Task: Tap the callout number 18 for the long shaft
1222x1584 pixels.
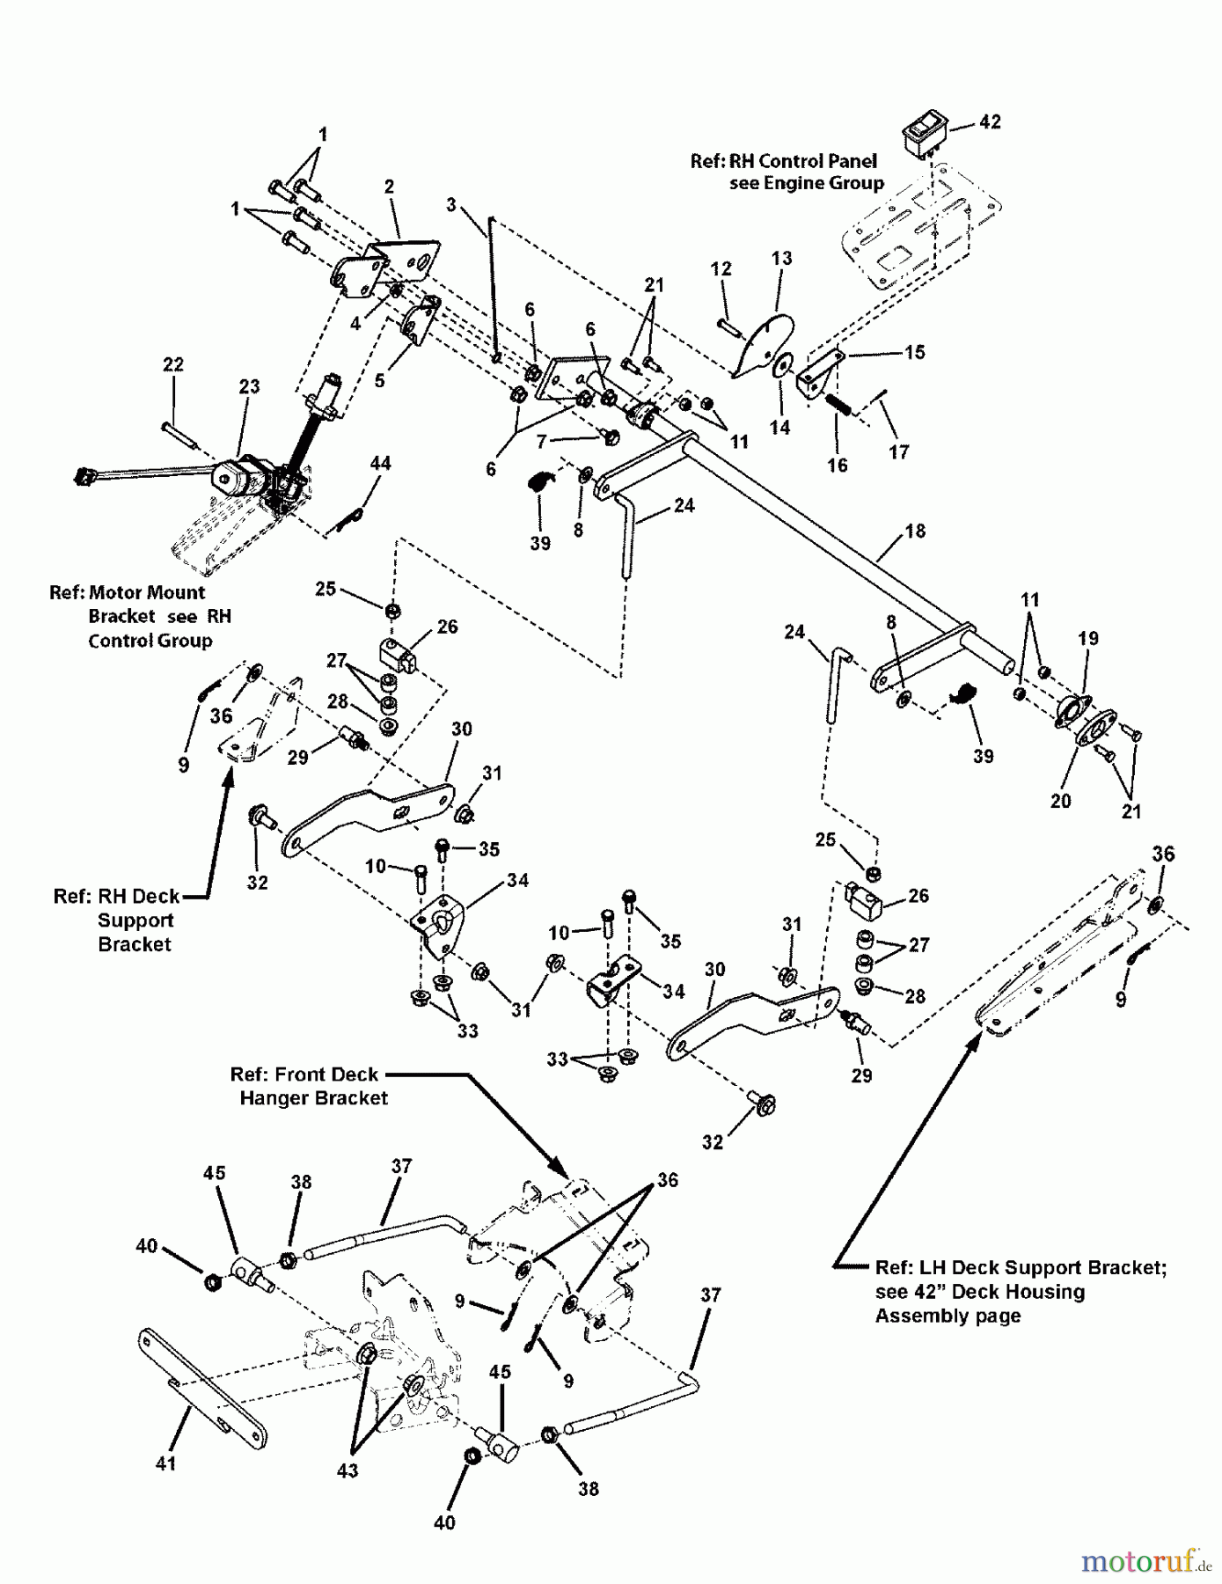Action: click(915, 531)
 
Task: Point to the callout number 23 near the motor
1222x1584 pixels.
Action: click(249, 386)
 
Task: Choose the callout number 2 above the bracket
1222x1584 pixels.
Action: click(389, 187)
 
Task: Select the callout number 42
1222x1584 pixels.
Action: click(990, 122)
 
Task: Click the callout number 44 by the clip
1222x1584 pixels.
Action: click(380, 463)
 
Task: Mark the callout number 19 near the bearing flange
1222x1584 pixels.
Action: click(1088, 638)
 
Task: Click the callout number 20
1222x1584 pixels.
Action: click(1060, 801)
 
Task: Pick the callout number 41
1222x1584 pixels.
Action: click(165, 1463)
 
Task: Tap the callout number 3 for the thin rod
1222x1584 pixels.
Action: click(451, 205)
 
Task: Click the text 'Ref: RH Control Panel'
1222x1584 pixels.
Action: click(783, 161)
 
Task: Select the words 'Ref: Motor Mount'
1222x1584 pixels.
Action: click(127, 592)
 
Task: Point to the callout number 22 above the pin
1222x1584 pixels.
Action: click(173, 364)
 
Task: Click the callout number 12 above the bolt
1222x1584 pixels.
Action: click(721, 268)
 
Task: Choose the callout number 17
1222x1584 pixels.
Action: click(898, 451)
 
